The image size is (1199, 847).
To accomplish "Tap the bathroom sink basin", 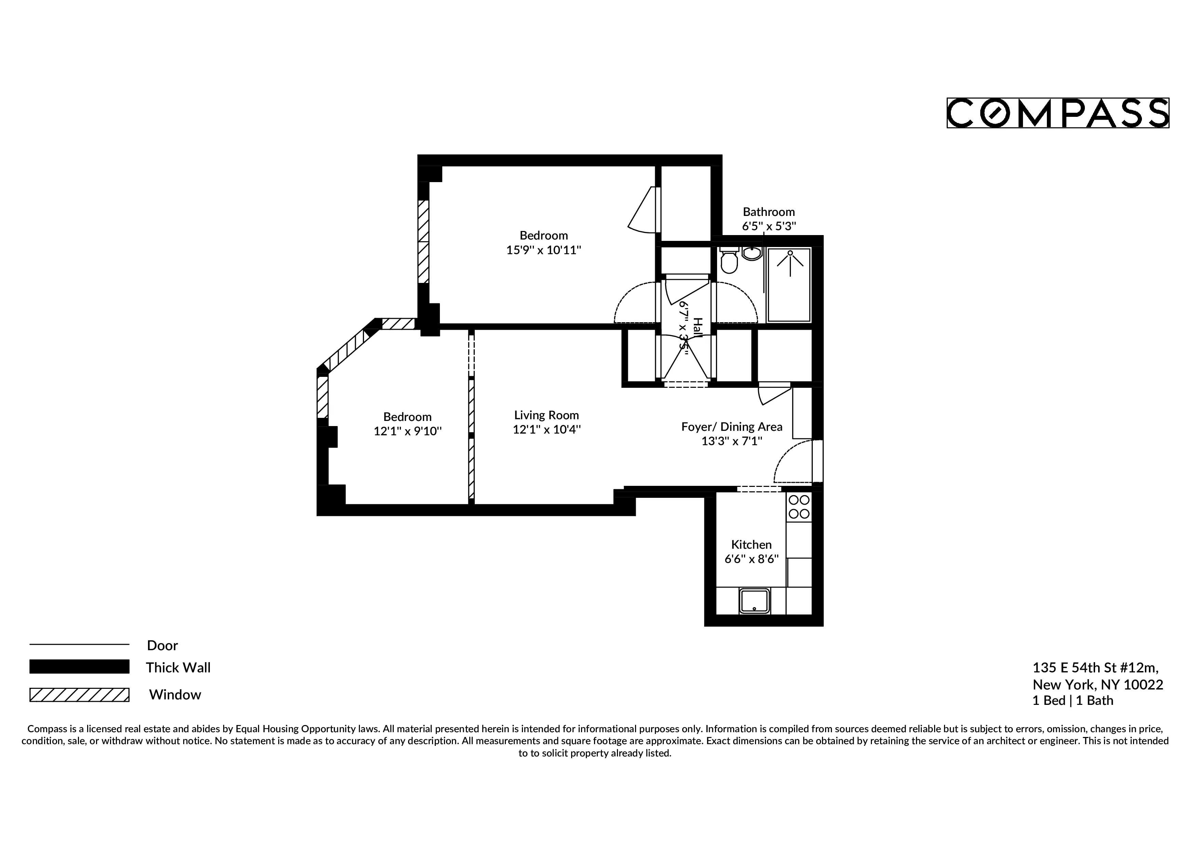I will click(x=752, y=254).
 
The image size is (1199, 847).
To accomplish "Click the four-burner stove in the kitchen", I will click(x=799, y=507).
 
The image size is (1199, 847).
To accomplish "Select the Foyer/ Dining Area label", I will click(x=732, y=427).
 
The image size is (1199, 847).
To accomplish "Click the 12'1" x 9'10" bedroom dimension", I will click(x=407, y=431).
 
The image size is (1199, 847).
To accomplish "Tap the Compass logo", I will click(x=1057, y=113).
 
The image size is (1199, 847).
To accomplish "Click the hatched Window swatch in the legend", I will click(x=79, y=695).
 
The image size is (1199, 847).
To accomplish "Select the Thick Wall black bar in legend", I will click(x=79, y=667).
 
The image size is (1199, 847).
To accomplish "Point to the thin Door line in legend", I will click(x=79, y=644).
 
